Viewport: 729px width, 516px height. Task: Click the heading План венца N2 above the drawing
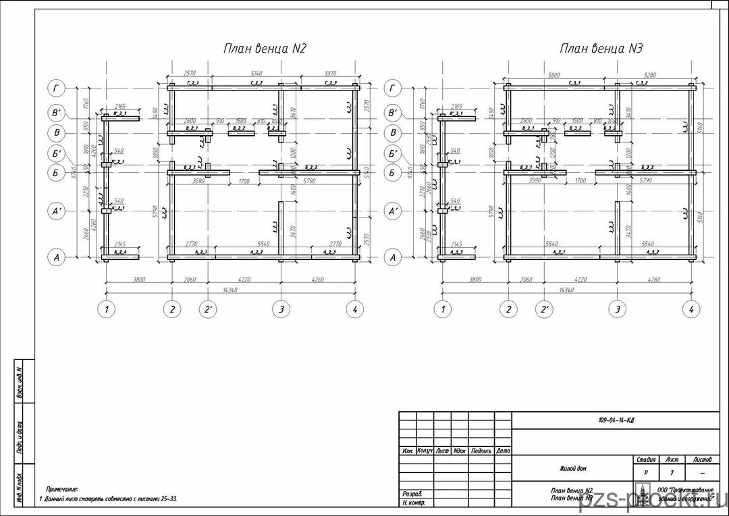coord(265,49)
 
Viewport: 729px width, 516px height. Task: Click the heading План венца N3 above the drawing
coord(601,49)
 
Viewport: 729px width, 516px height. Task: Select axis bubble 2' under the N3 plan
coord(545,309)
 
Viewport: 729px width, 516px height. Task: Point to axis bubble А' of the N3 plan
coord(394,212)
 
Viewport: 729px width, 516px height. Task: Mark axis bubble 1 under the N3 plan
coord(441,309)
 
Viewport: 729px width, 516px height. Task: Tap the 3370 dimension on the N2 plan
coord(330,74)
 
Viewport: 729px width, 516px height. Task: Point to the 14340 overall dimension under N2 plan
coord(230,289)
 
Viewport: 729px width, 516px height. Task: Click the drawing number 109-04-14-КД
coord(616,420)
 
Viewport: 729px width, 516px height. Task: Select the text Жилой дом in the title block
coord(572,468)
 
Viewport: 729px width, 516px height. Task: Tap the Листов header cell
coord(701,459)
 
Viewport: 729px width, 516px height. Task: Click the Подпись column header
coord(481,450)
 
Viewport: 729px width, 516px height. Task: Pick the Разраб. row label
coord(412,494)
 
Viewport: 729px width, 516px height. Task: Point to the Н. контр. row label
coord(413,502)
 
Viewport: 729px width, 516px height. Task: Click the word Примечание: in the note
coord(62,489)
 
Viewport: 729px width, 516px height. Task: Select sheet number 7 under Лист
coord(672,472)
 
